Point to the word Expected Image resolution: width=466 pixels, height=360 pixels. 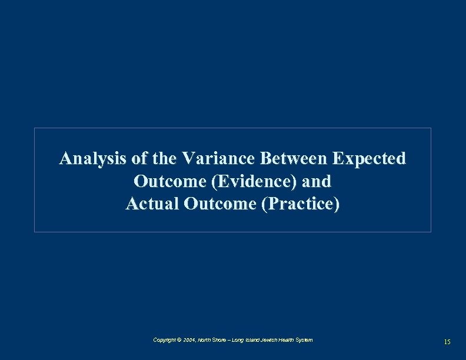click(x=370, y=159)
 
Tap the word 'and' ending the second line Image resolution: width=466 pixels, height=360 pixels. click(x=317, y=182)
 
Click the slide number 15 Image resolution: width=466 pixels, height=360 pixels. click(x=447, y=342)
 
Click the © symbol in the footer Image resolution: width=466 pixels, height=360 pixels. click(x=179, y=340)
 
